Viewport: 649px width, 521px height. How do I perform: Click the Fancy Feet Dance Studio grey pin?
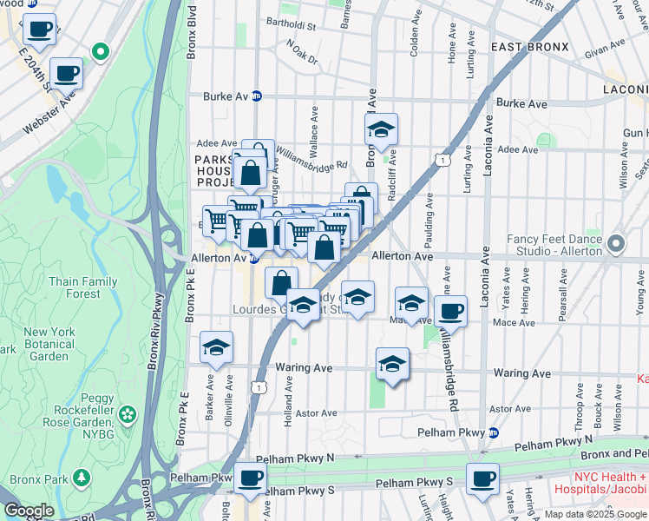click(x=615, y=243)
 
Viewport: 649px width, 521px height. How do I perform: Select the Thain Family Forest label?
click(x=82, y=287)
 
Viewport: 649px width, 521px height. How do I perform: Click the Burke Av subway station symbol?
click(x=257, y=96)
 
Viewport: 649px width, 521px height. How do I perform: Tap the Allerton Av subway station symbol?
click(x=254, y=258)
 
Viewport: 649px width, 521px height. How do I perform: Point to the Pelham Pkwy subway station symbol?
click(x=494, y=432)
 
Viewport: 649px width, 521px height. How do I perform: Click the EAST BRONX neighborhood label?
click(x=529, y=47)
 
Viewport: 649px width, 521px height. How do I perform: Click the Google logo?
click(x=29, y=511)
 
